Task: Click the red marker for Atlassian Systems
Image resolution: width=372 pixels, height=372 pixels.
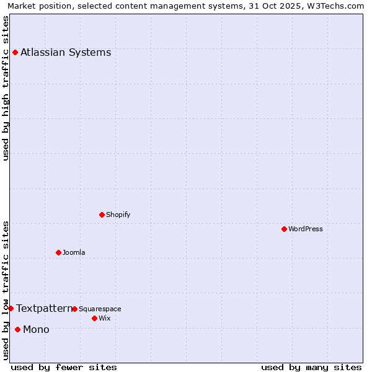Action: click(15, 52)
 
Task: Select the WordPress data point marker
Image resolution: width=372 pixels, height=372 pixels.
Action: click(284, 229)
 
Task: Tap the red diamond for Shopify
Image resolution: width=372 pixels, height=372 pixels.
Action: click(102, 215)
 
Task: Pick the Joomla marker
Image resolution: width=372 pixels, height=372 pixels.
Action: click(58, 252)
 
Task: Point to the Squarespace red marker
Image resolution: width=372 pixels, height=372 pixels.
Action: click(74, 309)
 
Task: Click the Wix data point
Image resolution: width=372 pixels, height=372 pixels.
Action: click(94, 318)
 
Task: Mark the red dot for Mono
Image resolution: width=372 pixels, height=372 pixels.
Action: click(17, 329)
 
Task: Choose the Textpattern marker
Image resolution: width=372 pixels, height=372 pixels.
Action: click(11, 308)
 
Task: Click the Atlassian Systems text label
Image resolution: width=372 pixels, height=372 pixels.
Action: click(66, 52)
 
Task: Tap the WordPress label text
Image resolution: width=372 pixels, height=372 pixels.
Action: click(306, 229)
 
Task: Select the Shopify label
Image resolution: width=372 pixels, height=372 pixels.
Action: click(118, 215)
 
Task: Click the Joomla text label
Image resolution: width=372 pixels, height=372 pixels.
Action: click(74, 252)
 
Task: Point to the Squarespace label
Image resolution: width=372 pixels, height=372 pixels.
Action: click(100, 309)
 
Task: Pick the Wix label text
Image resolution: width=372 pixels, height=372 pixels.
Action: click(105, 318)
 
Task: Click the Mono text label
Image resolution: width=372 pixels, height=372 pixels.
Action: click(36, 329)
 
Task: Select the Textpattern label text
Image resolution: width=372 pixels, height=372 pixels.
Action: click(44, 308)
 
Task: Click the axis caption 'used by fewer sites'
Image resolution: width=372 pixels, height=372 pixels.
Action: click(64, 367)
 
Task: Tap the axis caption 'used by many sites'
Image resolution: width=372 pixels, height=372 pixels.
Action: click(311, 367)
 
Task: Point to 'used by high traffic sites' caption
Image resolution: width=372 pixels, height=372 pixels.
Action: click(6, 88)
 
